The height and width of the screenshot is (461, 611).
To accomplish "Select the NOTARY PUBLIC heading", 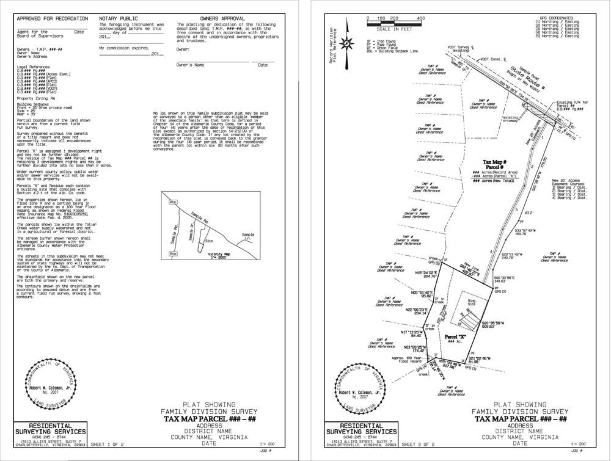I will (x=118, y=19).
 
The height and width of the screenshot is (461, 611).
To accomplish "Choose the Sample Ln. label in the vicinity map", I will (x=247, y=236).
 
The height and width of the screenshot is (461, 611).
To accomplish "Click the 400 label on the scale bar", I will (x=420, y=18).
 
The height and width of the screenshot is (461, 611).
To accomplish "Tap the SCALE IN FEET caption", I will (x=394, y=29).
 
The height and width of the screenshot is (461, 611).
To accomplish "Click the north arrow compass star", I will (x=346, y=43).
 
